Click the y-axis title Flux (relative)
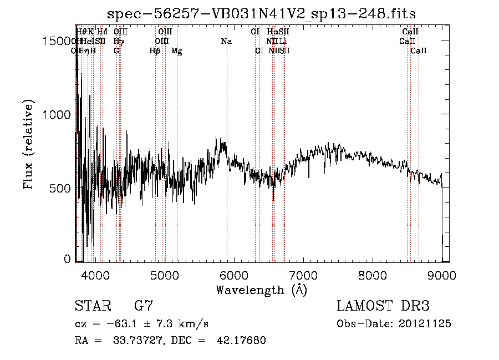click(29, 145)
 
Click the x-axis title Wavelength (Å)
click(261, 290)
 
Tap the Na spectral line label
click(226, 41)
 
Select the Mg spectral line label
click(176, 51)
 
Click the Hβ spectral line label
click(155, 51)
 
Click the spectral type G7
click(144, 306)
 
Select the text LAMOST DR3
click(383, 306)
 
